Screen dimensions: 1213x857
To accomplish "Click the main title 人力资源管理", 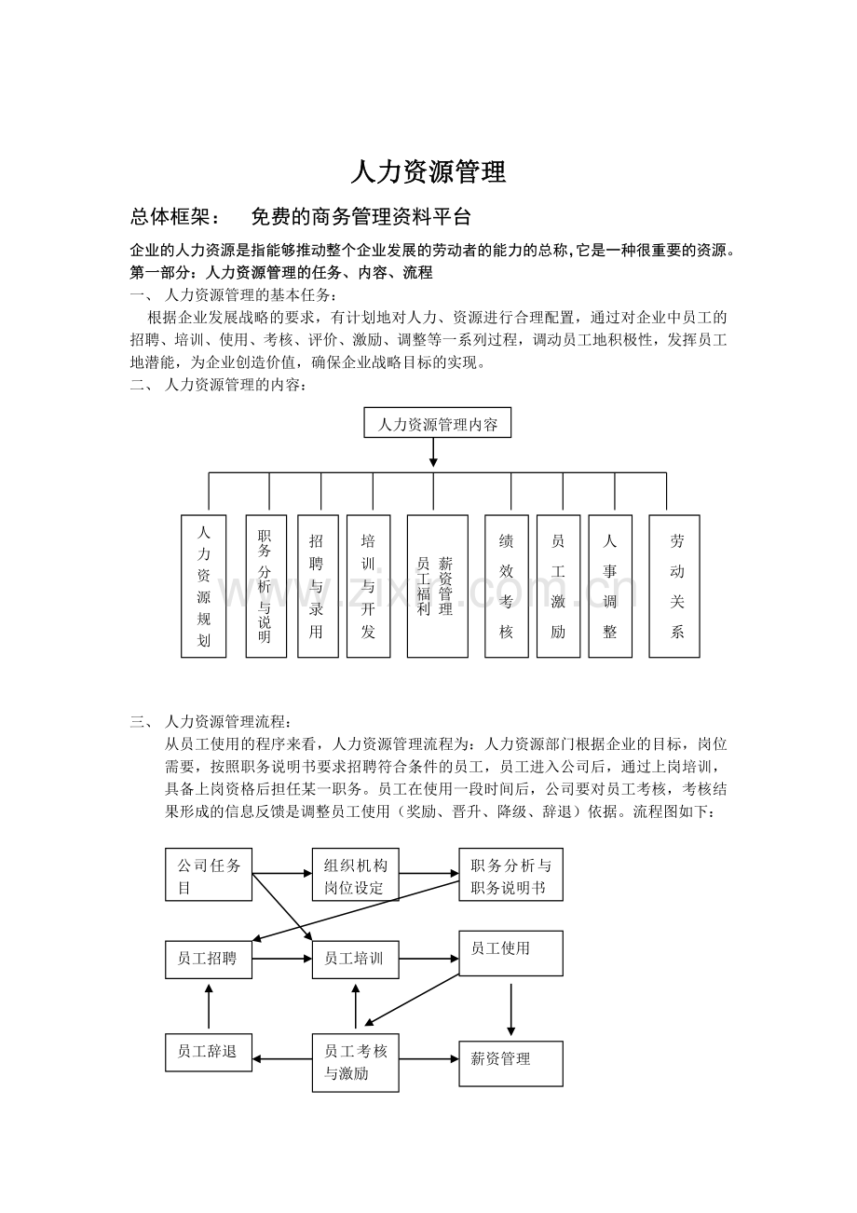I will pos(428,172).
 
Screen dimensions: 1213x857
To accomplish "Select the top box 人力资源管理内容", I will pos(437,424).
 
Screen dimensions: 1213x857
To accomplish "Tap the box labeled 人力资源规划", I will pos(204,586).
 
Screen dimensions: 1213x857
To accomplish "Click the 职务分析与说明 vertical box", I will pos(265,586).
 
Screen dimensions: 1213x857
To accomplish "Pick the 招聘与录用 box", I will pos(317,586).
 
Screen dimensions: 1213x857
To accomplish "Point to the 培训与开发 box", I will pos(368,586).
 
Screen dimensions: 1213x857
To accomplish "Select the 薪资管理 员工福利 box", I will pos(437,586).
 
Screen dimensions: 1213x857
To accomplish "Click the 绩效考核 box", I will pos(506,586).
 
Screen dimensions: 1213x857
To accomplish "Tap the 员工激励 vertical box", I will pos(558,586).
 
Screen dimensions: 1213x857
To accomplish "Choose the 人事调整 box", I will pos(610,586).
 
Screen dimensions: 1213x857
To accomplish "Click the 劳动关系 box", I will pos(674,586).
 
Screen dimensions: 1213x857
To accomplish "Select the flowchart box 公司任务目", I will pos(209,875).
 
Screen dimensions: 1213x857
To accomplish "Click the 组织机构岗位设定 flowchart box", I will pos(355,875).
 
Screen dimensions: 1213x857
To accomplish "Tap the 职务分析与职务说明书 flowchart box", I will pos(510,875).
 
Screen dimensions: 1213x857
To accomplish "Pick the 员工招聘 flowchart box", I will pos(209,958).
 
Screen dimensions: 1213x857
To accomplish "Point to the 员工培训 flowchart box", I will pos(355,958).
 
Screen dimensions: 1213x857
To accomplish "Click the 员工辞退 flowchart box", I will pos(209,1052).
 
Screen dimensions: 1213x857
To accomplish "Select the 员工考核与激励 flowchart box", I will pos(355,1061).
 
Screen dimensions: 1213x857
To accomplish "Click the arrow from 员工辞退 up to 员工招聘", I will pos(209,1008).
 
